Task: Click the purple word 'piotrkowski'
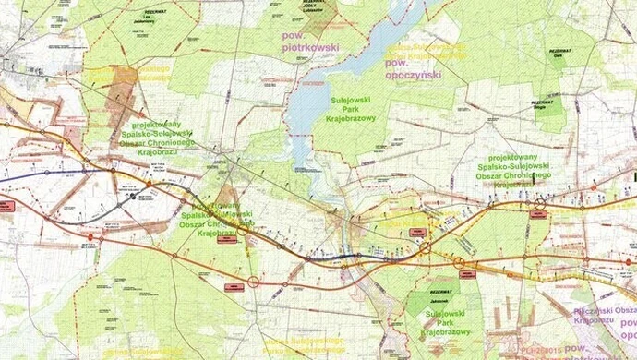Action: pyautogui.click(x=310, y=47)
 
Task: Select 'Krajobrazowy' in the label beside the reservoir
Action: pyautogui.click(x=356, y=118)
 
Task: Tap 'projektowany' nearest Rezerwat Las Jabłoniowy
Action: pyautogui.click(x=150, y=125)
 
